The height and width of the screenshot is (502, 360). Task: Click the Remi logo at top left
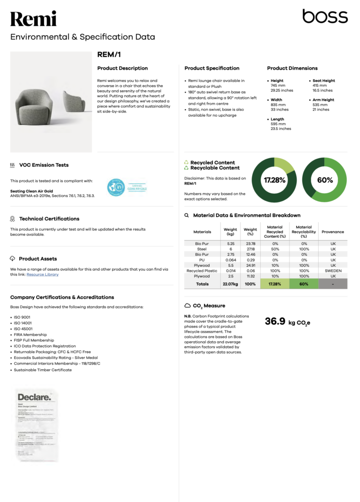coord(33,19)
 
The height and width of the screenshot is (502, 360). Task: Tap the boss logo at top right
coord(325,17)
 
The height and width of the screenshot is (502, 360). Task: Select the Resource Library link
coord(43,275)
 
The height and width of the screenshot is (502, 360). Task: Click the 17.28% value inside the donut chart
coord(274,180)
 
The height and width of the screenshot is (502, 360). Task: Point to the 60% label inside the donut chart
coord(325,180)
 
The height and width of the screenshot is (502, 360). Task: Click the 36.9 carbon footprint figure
coord(275,322)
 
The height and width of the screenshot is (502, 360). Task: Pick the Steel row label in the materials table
coord(202,249)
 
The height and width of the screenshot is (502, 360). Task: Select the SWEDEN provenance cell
coord(333,271)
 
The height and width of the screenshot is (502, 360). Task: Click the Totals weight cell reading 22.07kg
coord(230,284)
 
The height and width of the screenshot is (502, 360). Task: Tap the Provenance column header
coord(333,232)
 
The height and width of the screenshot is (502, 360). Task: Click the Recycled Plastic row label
coord(202,271)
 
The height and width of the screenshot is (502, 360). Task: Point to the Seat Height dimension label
coord(323,80)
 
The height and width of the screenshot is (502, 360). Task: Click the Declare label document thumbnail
coord(37,424)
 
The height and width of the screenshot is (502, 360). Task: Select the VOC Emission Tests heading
coord(44,165)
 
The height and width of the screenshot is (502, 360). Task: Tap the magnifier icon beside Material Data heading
coord(187,215)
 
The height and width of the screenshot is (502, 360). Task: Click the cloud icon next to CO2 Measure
coord(187,305)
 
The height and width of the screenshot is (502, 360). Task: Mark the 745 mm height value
coord(278,85)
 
